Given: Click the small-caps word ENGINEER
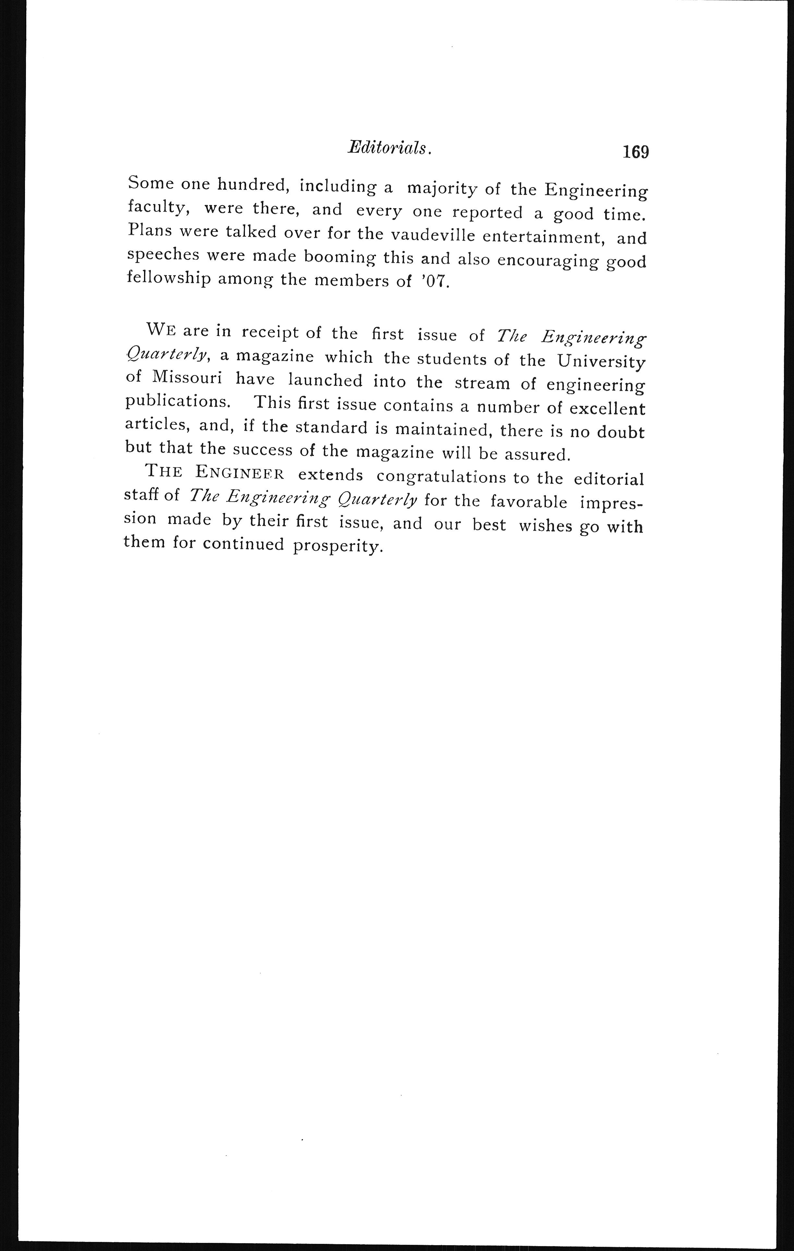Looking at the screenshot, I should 240,473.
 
